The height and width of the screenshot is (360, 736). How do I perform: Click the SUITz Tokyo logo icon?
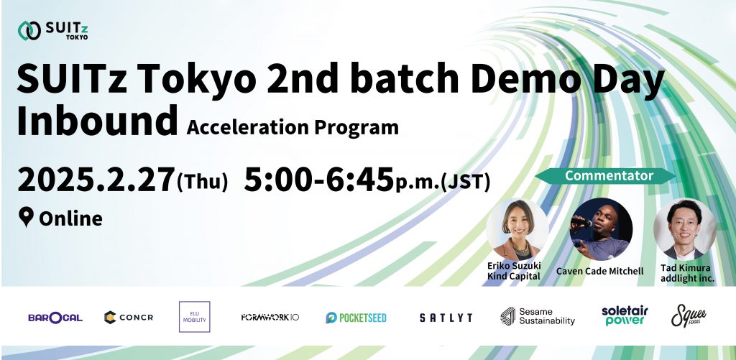29,30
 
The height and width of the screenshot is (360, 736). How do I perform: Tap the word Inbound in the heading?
98,121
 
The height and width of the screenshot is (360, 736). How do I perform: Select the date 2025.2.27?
96,180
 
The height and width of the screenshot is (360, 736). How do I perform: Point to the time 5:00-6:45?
318,180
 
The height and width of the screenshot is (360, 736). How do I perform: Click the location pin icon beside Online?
26,218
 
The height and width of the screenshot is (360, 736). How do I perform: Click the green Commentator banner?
605,176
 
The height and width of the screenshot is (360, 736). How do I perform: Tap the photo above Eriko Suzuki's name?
517,229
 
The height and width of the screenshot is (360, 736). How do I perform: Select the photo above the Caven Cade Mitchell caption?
601,229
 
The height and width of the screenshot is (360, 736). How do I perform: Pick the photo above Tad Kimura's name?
684,229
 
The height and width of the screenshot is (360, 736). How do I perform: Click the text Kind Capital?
513,277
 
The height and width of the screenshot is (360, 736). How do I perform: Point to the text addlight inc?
687,278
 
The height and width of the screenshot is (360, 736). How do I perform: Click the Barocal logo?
55,318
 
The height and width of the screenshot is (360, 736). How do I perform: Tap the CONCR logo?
129,318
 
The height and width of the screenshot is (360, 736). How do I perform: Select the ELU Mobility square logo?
194,317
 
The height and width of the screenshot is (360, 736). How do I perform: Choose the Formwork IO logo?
270,318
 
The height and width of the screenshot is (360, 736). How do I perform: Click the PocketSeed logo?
356,318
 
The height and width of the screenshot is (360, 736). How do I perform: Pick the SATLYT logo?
446,318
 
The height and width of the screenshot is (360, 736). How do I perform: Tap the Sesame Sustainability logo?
538,316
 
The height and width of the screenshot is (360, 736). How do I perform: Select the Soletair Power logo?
625,316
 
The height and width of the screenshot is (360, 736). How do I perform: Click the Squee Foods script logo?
689,315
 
